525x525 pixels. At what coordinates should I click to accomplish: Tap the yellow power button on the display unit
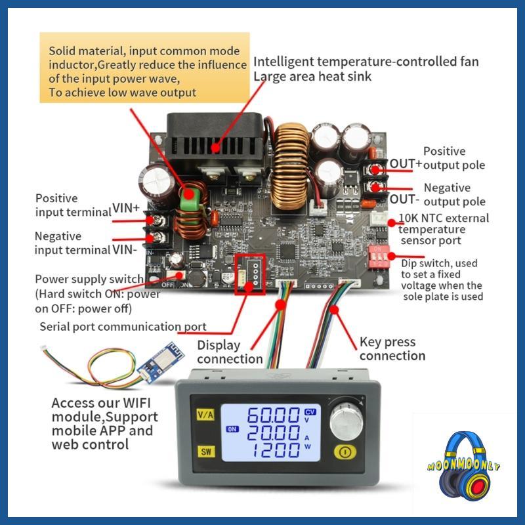click(345, 451)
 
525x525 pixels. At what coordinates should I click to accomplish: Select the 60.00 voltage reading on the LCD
click(272, 415)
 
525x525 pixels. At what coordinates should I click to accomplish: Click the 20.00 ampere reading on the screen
click(272, 432)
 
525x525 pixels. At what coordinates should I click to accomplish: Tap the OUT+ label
click(406, 163)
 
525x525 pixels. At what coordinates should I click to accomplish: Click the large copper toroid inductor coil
click(289, 156)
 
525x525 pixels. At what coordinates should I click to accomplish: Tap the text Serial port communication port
click(123, 326)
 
